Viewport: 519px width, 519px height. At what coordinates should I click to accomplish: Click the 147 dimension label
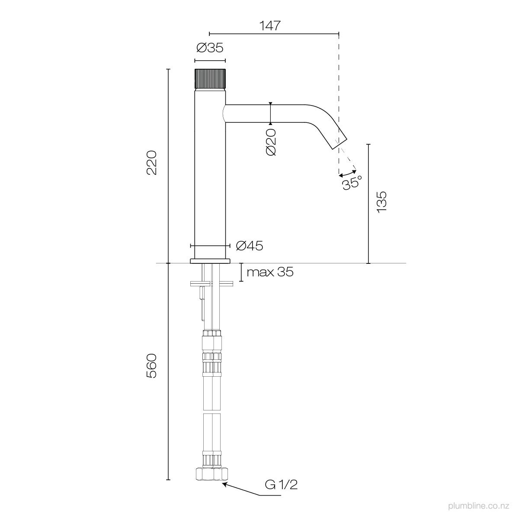270,26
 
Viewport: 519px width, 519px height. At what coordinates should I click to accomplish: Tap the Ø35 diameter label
210,48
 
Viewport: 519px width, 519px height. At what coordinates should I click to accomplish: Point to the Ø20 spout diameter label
271,142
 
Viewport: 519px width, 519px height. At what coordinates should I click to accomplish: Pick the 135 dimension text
381,202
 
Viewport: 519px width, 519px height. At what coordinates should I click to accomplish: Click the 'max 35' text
270,272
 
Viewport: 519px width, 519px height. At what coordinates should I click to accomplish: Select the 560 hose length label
152,366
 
